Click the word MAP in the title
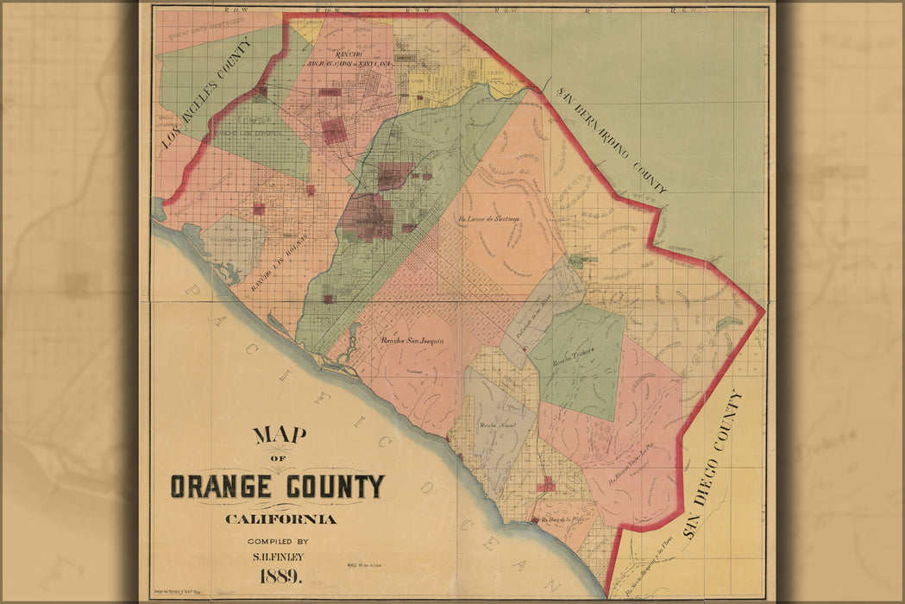[280, 435]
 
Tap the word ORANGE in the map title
[225, 488]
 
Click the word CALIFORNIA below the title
[281, 519]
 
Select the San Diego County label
[713, 463]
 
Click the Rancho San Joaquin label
[412, 341]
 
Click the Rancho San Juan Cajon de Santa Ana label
[351, 59]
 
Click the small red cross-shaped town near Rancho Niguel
[545, 486]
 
